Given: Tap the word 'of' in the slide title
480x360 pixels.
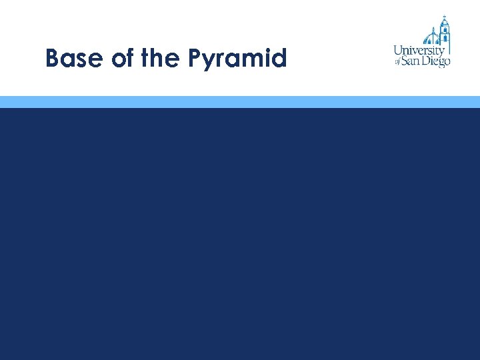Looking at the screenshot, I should coord(123,59).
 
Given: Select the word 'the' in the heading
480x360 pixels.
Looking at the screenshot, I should coord(160,59).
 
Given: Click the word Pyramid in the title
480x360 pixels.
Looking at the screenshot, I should coord(237,59).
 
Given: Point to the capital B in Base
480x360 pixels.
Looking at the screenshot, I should coord(53,59).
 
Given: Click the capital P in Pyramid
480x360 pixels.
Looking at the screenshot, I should coord(195,59).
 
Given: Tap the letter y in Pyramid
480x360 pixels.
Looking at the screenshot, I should coord(209,61).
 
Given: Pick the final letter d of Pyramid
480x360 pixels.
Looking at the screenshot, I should coord(280,59).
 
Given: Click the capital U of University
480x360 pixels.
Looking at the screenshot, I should coord(398,50).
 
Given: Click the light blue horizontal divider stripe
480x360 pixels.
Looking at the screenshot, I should coord(240,101).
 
